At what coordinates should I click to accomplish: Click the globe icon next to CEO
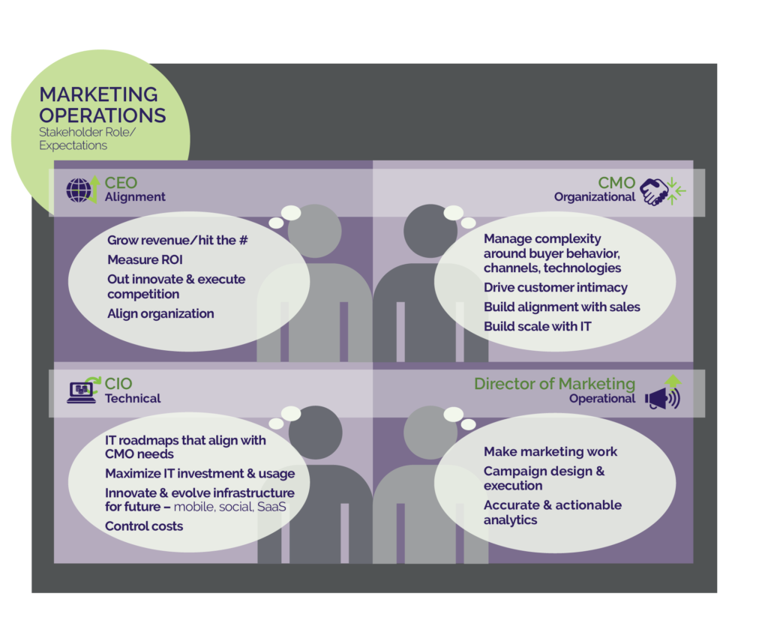pyautogui.click(x=79, y=190)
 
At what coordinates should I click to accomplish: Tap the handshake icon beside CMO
pyautogui.click(x=656, y=191)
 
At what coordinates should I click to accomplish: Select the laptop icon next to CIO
pyautogui.click(x=81, y=391)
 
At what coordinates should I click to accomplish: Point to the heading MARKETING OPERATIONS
pyautogui.click(x=102, y=105)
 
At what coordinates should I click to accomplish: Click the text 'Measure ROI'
pyautogui.click(x=145, y=260)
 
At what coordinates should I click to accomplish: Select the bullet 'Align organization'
pyautogui.click(x=160, y=313)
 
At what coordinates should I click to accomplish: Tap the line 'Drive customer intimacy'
pyautogui.click(x=556, y=287)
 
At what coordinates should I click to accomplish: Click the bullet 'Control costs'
pyautogui.click(x=144, y=526)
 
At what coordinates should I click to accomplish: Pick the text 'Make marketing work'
pyautogui.click(x=550, y=451)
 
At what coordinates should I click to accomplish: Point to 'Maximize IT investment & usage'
pyautogui.click(x=199, y=473)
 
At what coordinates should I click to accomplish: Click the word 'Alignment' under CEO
pyautogui.click(x=135, y=197)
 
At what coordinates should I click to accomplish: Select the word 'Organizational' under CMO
pyautogui.click(x=595, y=197)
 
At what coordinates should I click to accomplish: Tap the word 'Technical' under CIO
pyautogui.click(x=133, y=398)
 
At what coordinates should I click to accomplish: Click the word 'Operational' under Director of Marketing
pyautogui.click(x=602, y=398)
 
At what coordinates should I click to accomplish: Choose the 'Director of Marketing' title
pyautogui.click(x=554, y=383)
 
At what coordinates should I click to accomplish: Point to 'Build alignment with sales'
pyautogui.click(x=562, y=307)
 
